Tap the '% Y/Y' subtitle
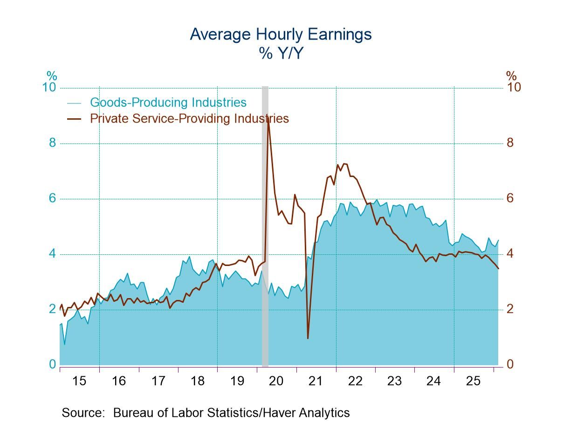click(281, 53)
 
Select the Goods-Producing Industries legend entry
click(168, 102)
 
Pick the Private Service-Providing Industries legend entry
click(189, 118)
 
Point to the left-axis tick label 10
click(49, 88)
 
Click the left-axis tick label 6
click(52, 198)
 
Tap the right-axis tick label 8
click(510, 143)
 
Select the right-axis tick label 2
click(510, 309)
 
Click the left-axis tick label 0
click(52, 364)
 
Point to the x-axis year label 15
click(79, 381)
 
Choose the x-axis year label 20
click(276, 381)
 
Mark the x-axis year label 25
click(473, 381)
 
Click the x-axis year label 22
click(355, 381)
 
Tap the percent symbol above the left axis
click(51, 75)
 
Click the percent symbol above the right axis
click(511, 75)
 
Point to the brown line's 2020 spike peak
click(268, 119)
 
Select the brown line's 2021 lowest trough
click(308, 338)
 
